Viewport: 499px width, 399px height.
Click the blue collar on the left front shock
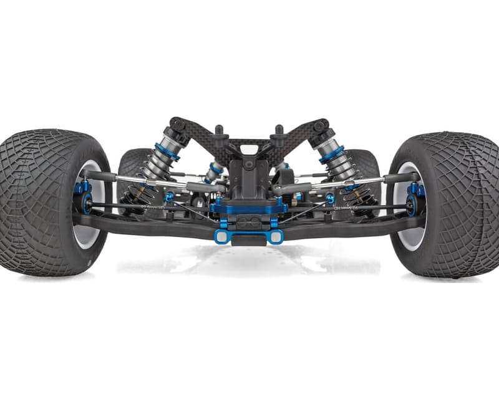pyautogui.click(x=167, y=151)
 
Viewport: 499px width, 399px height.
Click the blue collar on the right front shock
pyautogui.click(x=331, y=154)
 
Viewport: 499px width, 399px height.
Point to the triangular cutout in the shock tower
pyautogui.click(x=249, y=150)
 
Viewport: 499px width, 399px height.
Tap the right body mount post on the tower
pyautogui.click(x=279, y=134)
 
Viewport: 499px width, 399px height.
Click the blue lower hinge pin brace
pyautogui.click(x=248, y=236)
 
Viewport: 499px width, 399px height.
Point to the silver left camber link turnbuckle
pyautogui.click(x=143, y=181)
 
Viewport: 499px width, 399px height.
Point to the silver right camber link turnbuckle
pyautogui.click(x=356, y=182)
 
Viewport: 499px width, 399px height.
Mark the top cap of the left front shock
pyautogui.click(x=178, y=125)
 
